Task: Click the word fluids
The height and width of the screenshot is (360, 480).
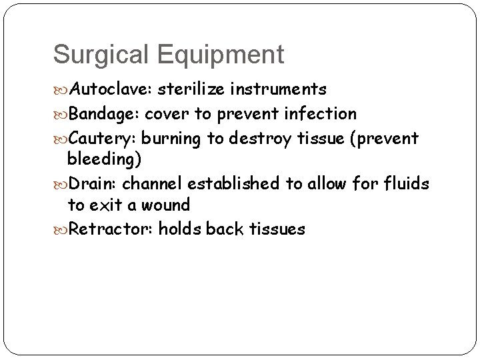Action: (x=407, y=183)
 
